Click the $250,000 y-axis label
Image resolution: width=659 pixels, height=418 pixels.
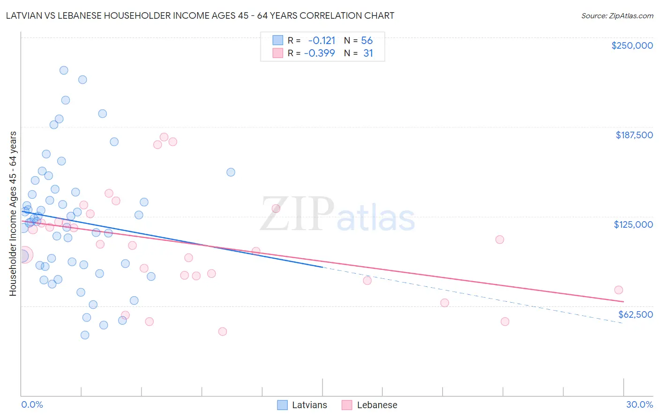coord(632,45)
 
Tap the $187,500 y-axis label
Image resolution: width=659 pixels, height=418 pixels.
coord(634,135)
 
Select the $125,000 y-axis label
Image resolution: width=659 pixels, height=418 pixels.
coord(633,224)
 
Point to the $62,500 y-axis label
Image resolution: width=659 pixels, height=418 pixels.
coord(635,314)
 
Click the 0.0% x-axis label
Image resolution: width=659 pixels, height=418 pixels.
coord(32,404)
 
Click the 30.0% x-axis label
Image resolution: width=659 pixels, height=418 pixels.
coord(639,404)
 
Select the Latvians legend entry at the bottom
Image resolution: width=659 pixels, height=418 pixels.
coord(302,405)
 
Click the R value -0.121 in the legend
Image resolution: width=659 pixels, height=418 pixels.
coord(322,41)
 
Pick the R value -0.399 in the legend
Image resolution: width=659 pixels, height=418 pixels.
coord(319,53)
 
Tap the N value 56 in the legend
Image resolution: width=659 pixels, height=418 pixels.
coord(367,41)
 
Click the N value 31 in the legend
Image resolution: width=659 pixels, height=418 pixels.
coord(368,53)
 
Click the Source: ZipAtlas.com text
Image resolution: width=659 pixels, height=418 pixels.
coord(617,15)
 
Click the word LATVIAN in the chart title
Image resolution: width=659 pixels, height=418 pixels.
coord(26,15)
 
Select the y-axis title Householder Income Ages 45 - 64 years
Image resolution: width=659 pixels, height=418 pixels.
coord(13,214)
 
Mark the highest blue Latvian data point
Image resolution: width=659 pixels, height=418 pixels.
coord(64,70)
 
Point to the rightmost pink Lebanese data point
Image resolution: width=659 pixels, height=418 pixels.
coord(618,290)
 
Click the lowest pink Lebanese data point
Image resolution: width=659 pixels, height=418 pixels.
coord(223,331)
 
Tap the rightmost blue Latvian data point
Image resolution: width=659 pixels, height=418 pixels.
coord(231,172)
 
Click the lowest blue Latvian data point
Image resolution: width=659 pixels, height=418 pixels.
coord(85,335)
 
